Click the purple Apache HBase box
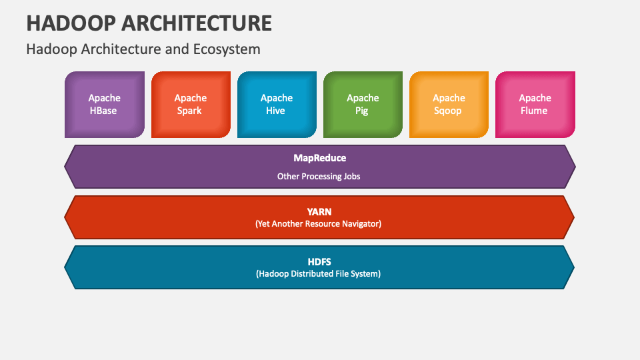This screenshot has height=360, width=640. (x=105, y=105)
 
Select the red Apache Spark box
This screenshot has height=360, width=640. (x=191, y=105)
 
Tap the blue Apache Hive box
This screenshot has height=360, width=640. (x=277, y=105)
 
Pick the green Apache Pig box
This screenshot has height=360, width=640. (x=363, y=105)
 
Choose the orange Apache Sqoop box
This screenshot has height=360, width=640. (x=449, y=105)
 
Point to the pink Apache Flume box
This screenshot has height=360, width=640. (x=535, y=105)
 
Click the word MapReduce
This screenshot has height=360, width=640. (x=319, y=159)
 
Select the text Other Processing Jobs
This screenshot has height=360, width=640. (x=319, y=176)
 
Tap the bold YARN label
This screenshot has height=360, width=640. (x=319, y=212)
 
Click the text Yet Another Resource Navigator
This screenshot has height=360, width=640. (x=319, y=224)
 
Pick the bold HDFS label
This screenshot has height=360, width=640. (x=319, y=262)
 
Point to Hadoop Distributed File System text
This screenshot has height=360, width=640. (x=319, y=274)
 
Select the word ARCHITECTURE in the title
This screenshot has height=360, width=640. (x=197, y=23)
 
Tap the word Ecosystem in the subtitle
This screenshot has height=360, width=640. (x=227, y=49)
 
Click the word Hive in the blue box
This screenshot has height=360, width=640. (x=275, y=111)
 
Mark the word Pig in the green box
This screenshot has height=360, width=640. (x=361, y=111)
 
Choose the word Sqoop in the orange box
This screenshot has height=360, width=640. (x=448, y=111)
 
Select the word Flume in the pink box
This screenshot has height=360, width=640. (x=534, y=111)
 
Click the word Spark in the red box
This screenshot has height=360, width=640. (x=189, y=111)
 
